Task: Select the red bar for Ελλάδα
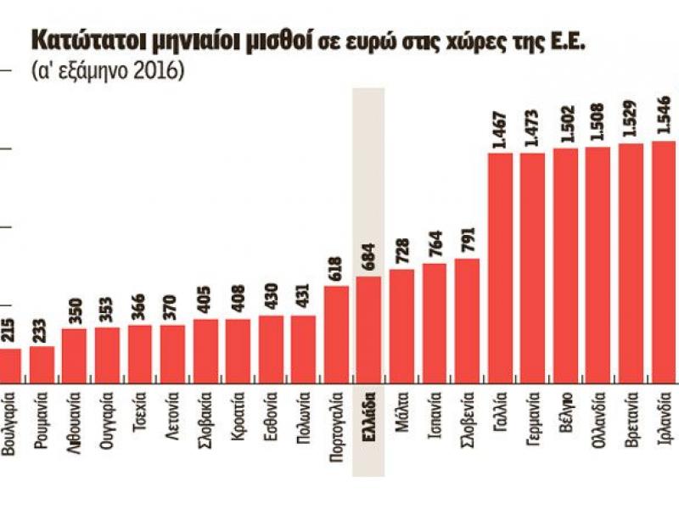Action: pyautogui.click(x=368, y=328)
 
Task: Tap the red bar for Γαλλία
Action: pyautogui.click(x=500, y=267)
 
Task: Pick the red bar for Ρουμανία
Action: pyautogui.click(x=42, y=363)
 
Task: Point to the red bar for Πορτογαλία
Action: pyautogui.click(x=336, y=333)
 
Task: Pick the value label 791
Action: pyautogui.click(x=467, y=241)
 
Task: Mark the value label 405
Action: pyautogui.click(x=205, y=302)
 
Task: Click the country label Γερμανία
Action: pyautogui.click(x=532, y=421)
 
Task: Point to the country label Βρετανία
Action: pyautogui.click(x=631, y=419)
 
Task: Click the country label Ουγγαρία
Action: pyautogui.click(x=107, y=419)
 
